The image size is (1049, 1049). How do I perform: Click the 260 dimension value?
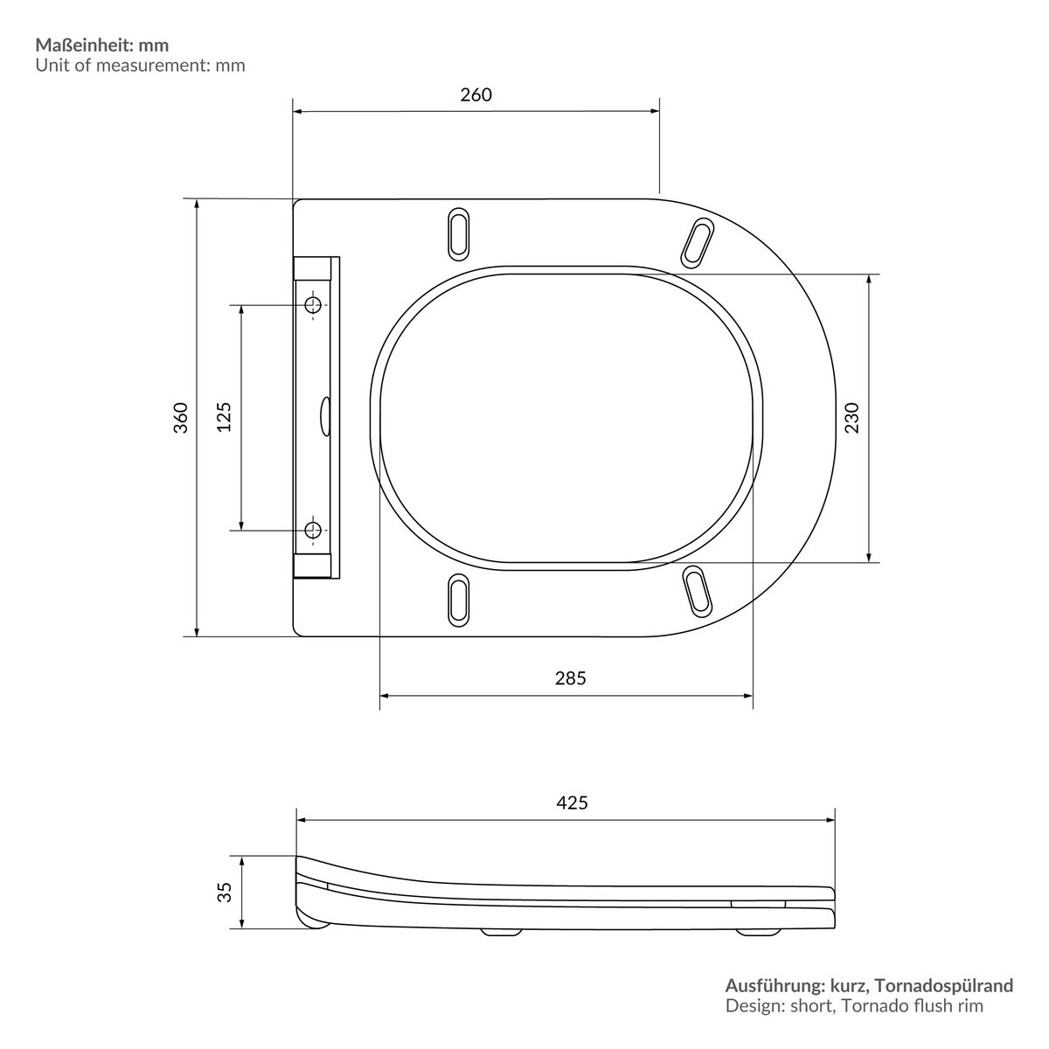pos(476,94)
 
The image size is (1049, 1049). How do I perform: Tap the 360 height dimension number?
pos(181,418)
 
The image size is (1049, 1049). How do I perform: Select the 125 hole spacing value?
pos(225,417)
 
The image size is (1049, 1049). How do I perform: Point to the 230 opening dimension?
pos(852,418)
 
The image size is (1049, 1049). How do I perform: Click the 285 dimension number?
pos(571,678)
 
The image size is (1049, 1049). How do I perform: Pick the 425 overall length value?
pos(572,803)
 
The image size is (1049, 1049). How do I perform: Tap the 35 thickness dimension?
pos(225,893)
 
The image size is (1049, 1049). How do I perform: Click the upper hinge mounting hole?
pos(313,305)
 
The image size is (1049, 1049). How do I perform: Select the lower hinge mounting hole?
pos(313,529)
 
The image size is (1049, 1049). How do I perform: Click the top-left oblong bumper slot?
pos(458,233)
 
